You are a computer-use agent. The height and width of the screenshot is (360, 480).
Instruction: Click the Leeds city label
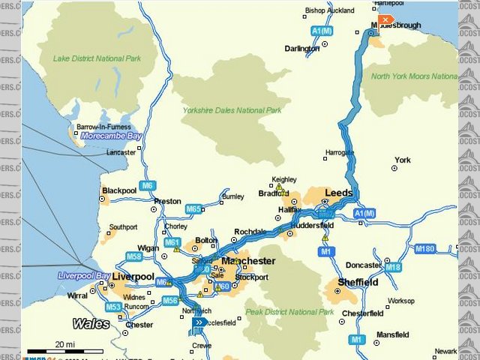coord(338,193)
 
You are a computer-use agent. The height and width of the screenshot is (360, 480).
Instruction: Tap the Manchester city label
coord(247,261)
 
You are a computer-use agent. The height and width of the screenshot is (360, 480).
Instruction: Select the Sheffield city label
coord(357,283)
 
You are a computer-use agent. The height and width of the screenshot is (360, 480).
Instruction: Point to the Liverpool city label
coord(133,277)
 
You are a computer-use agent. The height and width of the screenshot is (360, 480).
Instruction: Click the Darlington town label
coord(302,49)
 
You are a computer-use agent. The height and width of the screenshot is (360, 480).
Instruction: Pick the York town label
coord(403,160)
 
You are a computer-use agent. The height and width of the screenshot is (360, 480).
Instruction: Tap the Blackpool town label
coord(119,190)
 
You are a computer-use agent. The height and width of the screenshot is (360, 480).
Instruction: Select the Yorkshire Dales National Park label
coord(232,110)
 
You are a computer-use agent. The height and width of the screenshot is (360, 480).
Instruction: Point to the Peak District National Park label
coord(289,312)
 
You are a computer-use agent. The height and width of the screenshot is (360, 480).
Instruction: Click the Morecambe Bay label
coord(111,136)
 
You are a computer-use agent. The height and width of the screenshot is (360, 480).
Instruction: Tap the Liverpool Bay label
coord(85,275)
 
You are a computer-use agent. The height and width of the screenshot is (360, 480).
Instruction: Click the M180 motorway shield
coord(424,247)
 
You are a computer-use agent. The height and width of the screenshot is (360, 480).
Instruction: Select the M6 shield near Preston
coord(148,185)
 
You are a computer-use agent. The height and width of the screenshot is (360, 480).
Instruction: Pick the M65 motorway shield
coord(193,209)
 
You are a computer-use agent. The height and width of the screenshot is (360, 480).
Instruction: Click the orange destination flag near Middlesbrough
coord(385,19)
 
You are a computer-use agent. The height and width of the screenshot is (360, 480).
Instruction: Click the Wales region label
coord(91,324)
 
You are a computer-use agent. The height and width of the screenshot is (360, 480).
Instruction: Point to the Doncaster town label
coord(364,265)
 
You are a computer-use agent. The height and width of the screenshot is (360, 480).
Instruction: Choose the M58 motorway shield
coord(134,256)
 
